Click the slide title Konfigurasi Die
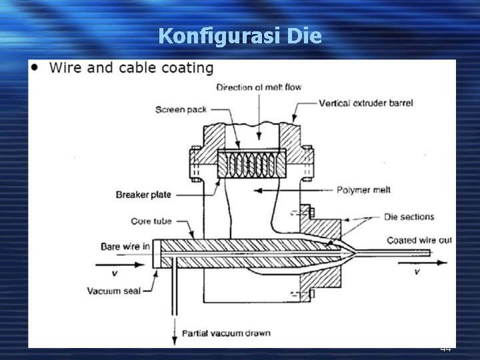(240, 35)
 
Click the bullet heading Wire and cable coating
(131, 68)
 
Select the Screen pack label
(181, 109)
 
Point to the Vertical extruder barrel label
(366, 103)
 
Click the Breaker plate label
(143, 195)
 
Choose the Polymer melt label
(363, 190)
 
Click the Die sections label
(409, 217)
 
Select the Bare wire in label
(125, 247)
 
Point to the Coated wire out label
(419, 240)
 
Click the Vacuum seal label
(113, 291)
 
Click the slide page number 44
(445, 349)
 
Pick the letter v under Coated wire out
(417, 272)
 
